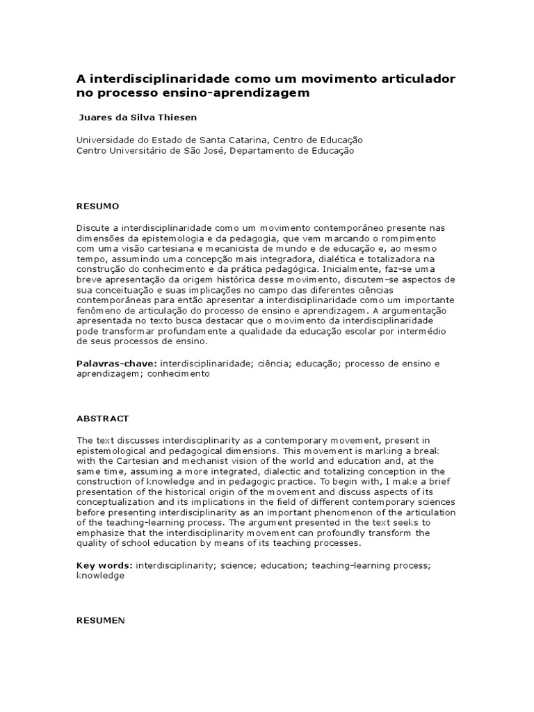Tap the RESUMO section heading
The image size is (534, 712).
[97, 207]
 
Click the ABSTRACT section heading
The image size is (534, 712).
[102, 419]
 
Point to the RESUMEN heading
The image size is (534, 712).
[100, 620]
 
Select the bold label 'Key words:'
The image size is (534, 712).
[104, 566]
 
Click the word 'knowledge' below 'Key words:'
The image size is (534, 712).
[100, 576]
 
